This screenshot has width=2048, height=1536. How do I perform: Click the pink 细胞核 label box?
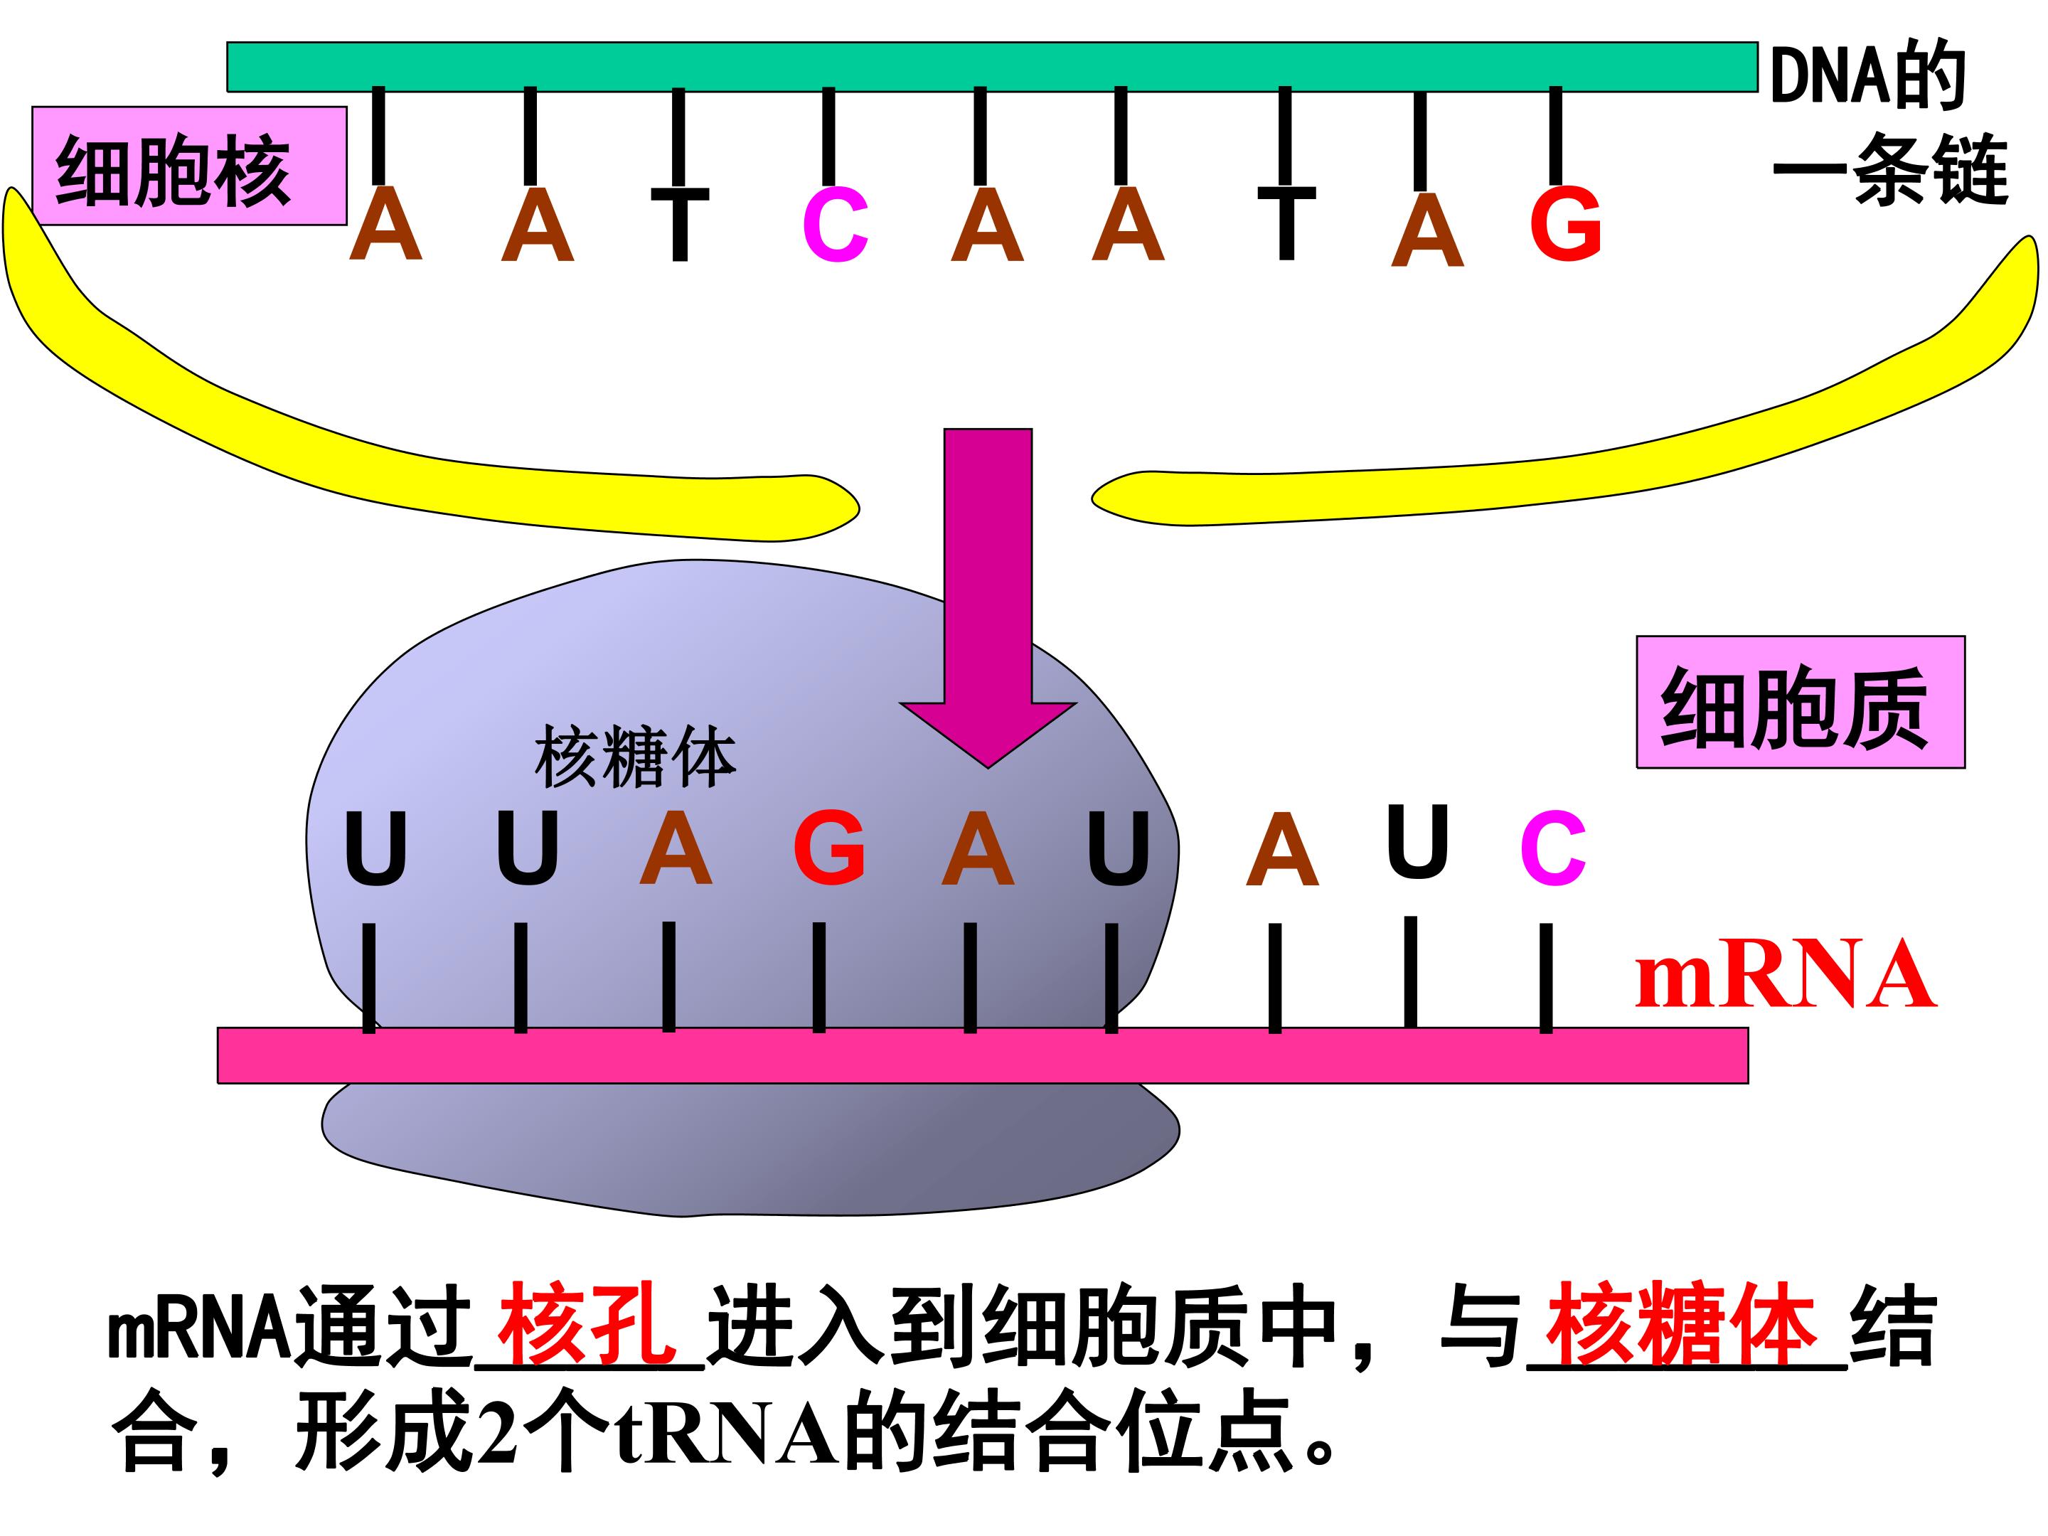[x=189, y=166]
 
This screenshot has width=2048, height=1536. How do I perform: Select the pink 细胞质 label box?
[x=1801, y=702]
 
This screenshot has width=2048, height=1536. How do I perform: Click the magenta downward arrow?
[x=988, y=597]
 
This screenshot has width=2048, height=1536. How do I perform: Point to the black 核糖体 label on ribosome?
[x=635, y=757]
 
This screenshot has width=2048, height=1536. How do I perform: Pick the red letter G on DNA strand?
[x=1566, y=223]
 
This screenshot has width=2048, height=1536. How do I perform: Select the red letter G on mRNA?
[x=830, y=846]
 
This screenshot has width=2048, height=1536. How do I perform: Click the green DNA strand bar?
[x=991, y=67]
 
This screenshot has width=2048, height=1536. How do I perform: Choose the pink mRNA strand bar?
[x=982, y=1055]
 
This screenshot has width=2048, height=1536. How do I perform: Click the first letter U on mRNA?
[x=375, y=848]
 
